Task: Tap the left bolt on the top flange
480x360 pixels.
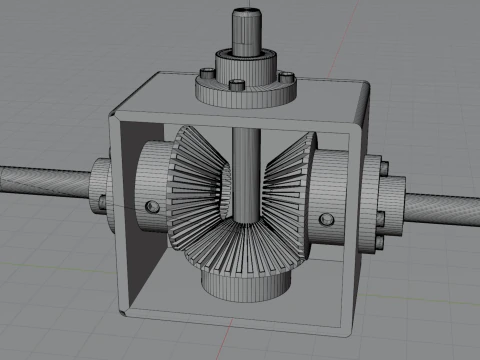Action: point(204,72)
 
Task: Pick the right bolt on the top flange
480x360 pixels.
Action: point(287,77)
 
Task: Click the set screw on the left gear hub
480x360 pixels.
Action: point(152,206)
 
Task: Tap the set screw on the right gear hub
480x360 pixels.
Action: point(325,218)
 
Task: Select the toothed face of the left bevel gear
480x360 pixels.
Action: point(192,190)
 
